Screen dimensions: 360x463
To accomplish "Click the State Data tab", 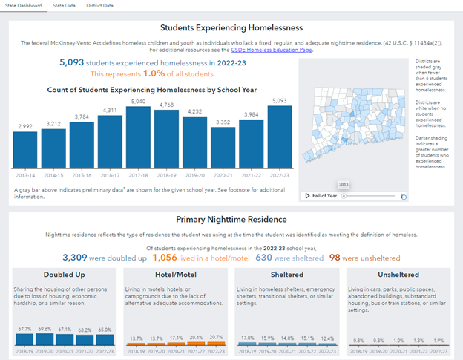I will coord(64,5).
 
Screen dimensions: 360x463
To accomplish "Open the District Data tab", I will coord(99,5).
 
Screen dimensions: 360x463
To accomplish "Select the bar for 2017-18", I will coord(139,137).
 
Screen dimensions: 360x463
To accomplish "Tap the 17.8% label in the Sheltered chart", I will coord(247,338).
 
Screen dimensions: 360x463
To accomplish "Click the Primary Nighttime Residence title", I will coord(231,220).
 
